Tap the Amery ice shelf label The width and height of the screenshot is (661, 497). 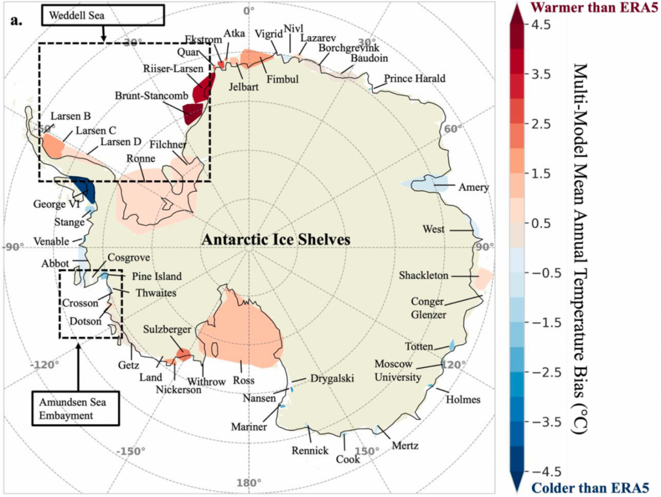coord(474,188)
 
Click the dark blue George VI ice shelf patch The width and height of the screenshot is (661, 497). coord(84,189)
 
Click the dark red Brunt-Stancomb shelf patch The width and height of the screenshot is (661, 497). coord(193,113)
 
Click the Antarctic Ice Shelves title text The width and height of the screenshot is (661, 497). coord(276,239)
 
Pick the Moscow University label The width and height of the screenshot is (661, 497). coord(398,370)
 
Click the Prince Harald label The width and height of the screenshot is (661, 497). coord(414,79)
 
